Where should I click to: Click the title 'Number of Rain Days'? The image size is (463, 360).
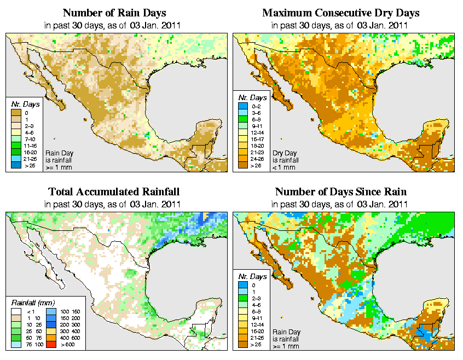click(114, 13)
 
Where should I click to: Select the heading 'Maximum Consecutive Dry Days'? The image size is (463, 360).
click(341, 13)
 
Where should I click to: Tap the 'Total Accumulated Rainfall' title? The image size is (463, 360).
click(114, 192)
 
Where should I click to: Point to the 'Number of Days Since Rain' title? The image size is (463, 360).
click(341, 192)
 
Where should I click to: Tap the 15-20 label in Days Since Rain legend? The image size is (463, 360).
click(257, 331)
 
